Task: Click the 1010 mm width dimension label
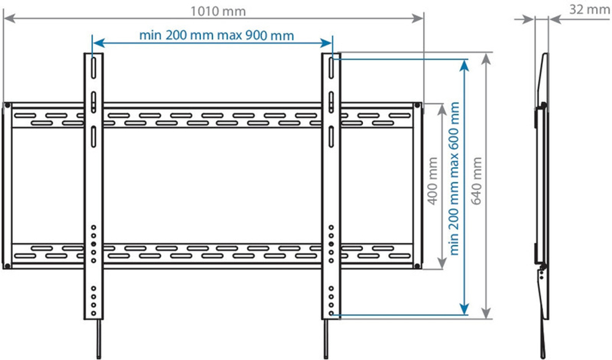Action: click(x=214, y=10)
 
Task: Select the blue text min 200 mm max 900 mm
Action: click(x=216, y=35)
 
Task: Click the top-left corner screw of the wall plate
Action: click(x=7, y=106)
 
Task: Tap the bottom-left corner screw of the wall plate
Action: click(x=7, y=265)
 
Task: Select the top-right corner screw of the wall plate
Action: click(x=417, y=106)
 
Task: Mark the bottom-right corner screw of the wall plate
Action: click(x=417, y=265)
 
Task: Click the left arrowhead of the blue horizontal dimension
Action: click(x=95, y=43)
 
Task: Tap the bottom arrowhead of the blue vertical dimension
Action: click(x=466, y=310)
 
